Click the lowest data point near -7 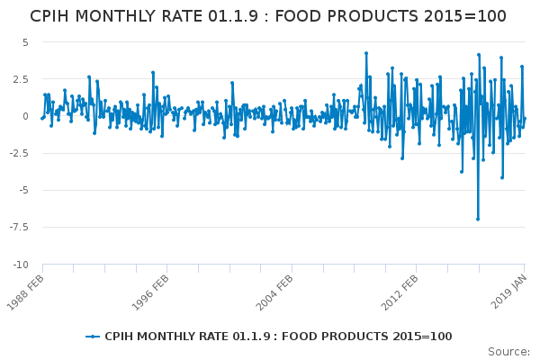click(478, 219)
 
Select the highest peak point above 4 click(366, 53)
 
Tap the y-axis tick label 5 click(25, 42)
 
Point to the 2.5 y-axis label click(21, 79)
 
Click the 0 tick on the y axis click(25, 116)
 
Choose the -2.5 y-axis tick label click(19, 153)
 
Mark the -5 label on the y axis click(22, 190)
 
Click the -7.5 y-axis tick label click(19, 228)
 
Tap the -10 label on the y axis click(21, 265)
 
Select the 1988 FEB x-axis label click(25, 292)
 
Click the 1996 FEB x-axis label click(150, 292)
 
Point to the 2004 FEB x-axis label click(274, 292)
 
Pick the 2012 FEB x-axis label click(400, 292)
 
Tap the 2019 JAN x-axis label click(509, 292)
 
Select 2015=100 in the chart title click(465, 16)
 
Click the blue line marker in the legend click(93, 337)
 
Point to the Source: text click(508, 352)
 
